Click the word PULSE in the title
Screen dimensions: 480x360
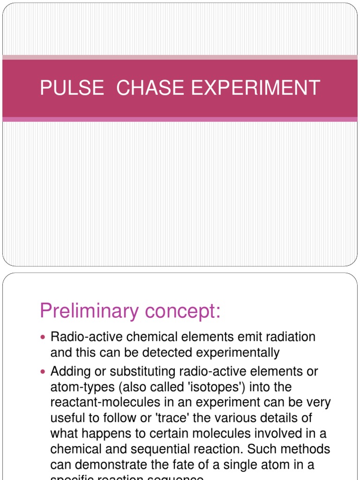coord(71,88)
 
